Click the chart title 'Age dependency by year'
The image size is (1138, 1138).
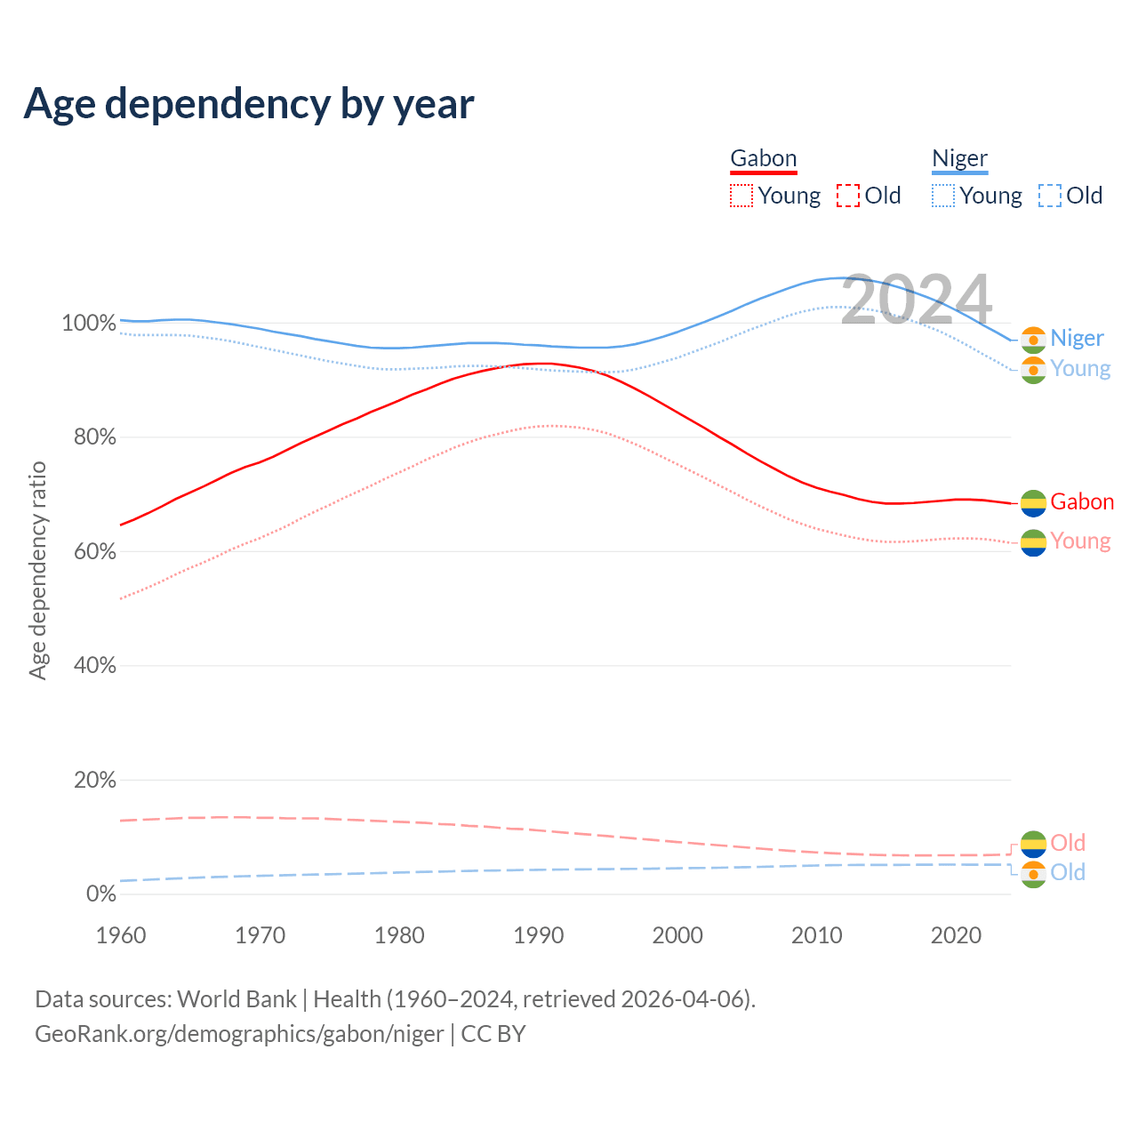click(249, 104)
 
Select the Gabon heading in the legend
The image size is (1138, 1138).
click(763, 158)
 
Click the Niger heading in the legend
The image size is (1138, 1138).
click(959, 158)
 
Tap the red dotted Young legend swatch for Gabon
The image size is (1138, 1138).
click(741, 196)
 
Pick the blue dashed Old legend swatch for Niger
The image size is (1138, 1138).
click(1050, 196)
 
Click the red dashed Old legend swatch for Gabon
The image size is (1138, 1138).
click(848, 196)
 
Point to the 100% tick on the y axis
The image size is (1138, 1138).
click(89, 323)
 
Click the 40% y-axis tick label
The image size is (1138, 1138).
click(94, 666)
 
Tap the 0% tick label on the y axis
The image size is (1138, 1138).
click(100, 894)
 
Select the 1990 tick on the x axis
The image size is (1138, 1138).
click(539, 935)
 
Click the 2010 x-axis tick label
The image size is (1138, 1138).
click(817, 935)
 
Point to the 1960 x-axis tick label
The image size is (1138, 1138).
click(121, 935)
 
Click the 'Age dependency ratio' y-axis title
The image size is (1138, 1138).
click(37, 570)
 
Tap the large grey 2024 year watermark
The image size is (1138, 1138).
click(916, 300)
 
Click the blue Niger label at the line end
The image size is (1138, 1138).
click(1077, 338)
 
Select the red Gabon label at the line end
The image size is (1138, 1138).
click(1082, 502)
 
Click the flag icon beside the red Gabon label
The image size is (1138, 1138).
click(1033, 503)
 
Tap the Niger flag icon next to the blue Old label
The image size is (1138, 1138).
click(1033, 875)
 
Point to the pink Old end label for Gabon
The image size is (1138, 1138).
click(1068, 843)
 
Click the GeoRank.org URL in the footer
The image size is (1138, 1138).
click(239, 1034)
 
